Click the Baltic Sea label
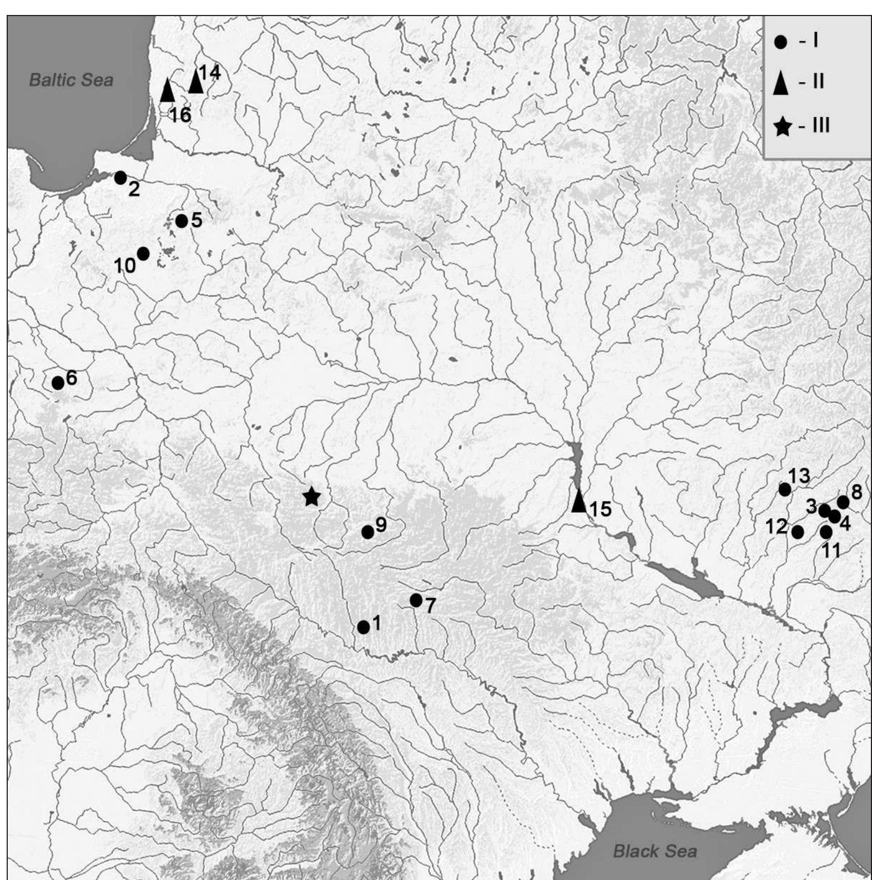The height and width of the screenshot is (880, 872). coord(70,80)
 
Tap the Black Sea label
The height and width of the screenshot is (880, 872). coord(654,851)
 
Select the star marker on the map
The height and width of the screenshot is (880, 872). coord(311,497)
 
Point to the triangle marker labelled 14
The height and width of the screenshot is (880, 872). coord(195,82)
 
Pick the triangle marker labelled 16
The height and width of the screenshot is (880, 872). coord(167,90)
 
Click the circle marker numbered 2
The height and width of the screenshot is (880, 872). coord(120,178)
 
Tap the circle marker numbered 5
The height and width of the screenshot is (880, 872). coord(182,221)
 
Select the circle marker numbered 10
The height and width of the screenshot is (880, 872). coord(143,254)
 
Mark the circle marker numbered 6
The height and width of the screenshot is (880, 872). coord(58,382)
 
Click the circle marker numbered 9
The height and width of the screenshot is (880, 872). coord(367,532)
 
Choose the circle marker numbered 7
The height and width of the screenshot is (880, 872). coord(416,600)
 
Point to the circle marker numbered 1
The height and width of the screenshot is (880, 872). coord(364,627)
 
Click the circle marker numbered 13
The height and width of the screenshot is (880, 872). coord(785,489)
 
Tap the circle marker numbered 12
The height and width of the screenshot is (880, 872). coord(798,532)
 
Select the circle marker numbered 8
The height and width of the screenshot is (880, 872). coord(843,503)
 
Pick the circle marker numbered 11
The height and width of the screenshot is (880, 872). coord(826,532)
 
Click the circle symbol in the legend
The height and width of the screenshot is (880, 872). coord(781,42)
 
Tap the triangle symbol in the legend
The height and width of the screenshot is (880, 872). coord(782,83)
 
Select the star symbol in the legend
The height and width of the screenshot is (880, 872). coord(783,127)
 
